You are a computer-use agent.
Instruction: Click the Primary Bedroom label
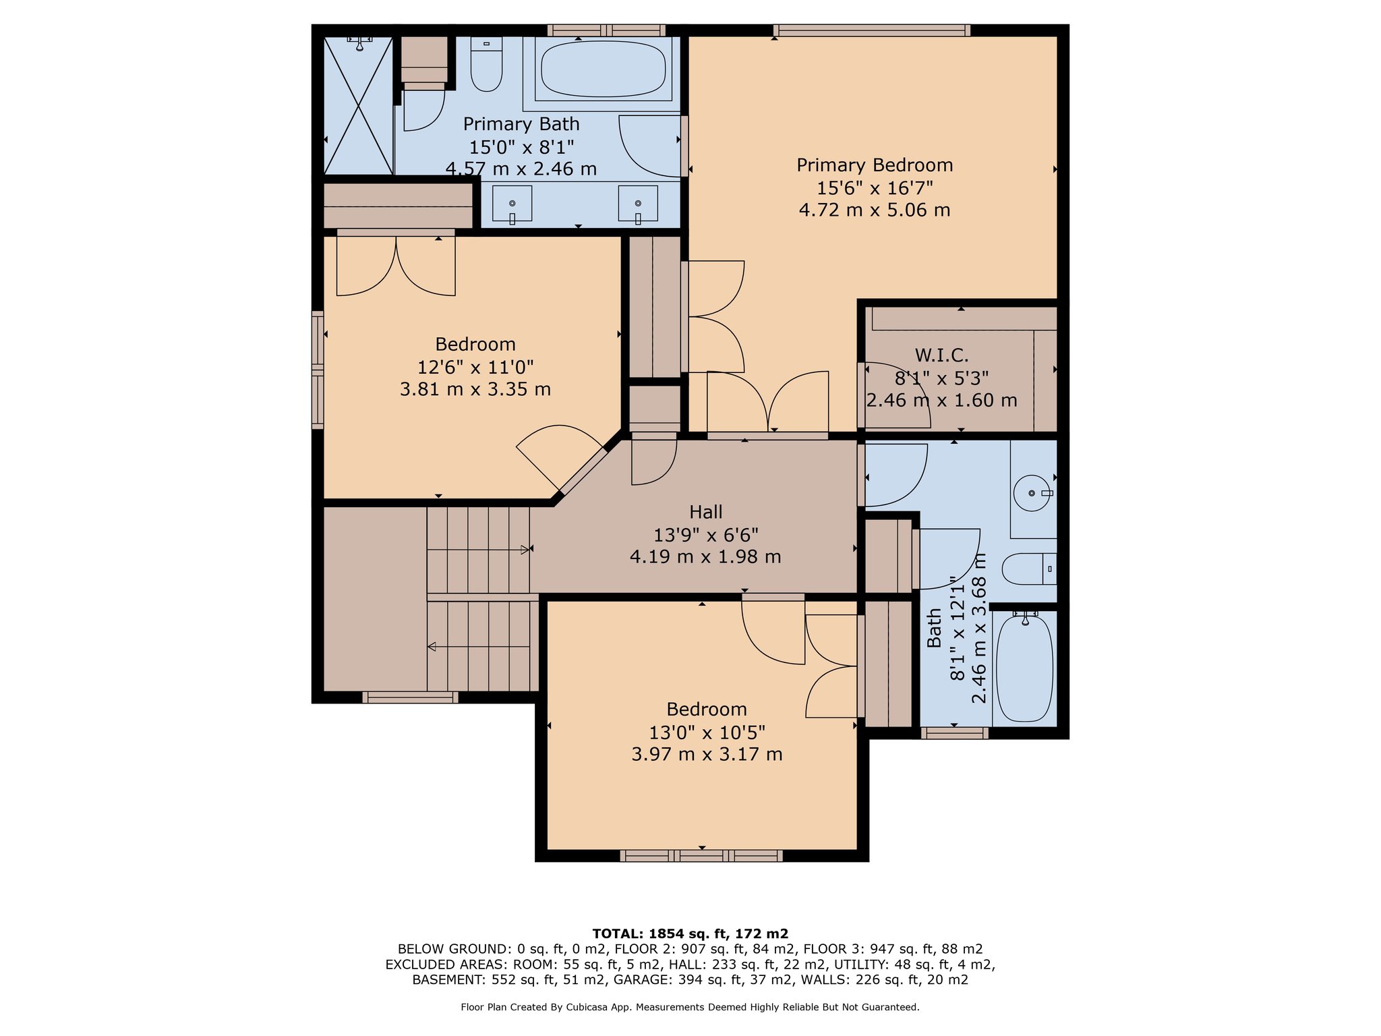875,165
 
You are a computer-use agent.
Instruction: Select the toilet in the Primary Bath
486,64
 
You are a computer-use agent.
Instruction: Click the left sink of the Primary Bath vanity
512,204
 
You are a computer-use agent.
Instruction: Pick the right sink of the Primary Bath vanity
637,204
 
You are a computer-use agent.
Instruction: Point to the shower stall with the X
358,105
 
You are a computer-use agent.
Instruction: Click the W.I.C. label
941,355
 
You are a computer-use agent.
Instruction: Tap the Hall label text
706,512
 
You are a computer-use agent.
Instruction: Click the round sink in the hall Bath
1032,494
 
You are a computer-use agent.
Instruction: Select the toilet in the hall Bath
1029,569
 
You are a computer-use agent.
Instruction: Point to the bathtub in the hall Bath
1024,667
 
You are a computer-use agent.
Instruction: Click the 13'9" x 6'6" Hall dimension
706,535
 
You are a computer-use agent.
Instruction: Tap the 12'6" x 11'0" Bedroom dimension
475,367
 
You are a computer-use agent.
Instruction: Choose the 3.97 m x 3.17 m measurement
707,754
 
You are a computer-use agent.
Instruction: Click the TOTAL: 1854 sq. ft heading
690,933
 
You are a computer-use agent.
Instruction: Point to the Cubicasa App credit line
690,1007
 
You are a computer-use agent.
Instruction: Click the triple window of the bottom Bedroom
701,856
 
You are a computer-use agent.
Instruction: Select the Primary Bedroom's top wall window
872,30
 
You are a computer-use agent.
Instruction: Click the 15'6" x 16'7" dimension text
875,188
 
